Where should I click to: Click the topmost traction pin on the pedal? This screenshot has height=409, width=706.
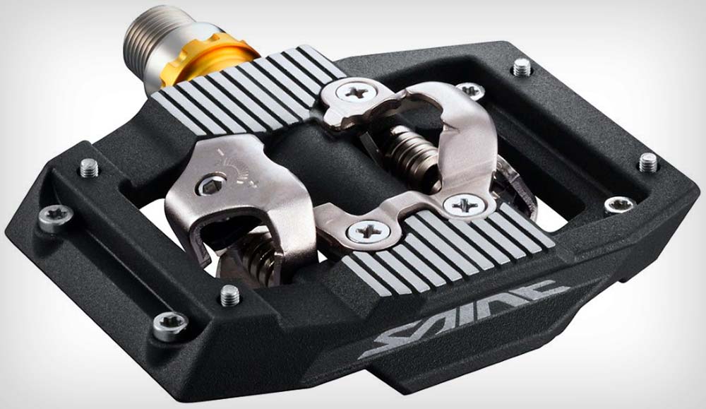tap(521, 67)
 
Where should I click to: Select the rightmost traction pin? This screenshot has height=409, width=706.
tap(648, 162)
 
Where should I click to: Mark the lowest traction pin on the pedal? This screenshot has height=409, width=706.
tap(229, 295)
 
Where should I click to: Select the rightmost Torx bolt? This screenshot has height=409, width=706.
tap(619, 206)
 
